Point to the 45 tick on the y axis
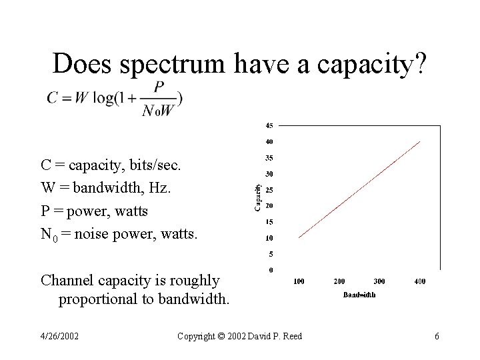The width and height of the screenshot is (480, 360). pos(269,125)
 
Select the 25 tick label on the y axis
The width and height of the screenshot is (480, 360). pos(269,190)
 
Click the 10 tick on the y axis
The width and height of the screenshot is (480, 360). pos(269,238)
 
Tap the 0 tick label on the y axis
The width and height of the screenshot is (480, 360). pos(271,270)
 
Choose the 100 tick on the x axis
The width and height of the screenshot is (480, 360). pos(299,281)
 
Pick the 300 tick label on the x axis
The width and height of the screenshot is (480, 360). pos(379,281)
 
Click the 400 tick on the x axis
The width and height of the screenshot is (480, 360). pos(419,281)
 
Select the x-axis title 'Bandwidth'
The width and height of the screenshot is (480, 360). pos(359,294)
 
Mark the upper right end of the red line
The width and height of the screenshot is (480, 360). pos(420,141)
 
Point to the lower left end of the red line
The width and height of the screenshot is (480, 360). pos(299,237)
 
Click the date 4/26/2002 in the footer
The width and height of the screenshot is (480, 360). pos(60,336)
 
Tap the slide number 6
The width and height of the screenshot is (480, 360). pos(437,336)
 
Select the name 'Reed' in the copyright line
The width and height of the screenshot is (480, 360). pos(291,336)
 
